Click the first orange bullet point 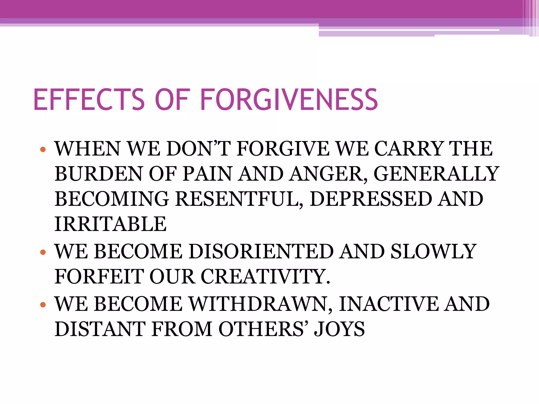pos(43,150)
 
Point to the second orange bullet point pos(43,252)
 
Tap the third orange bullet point pos(43,305)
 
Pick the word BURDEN pos(98,174)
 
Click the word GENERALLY pos(436,174)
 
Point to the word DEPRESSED pos(371,199)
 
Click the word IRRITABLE pos(111,224)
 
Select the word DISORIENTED pos(261,251)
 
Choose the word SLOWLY pos(433,251)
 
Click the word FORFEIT pos(99,277)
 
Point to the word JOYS pos(340,329)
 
